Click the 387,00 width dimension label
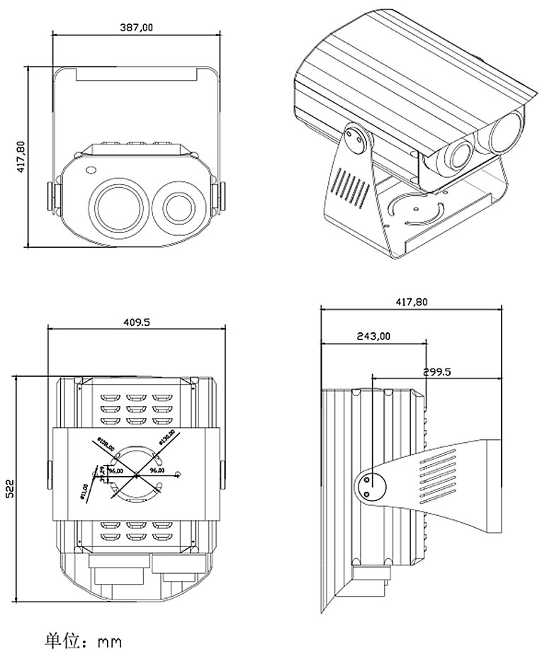tap(137, 27)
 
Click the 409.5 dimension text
tap(137, 322)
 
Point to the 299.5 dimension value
tap(437, 371)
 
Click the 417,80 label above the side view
tap(412, 301)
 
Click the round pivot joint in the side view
tap(369, 487)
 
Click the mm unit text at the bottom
tap(110, 643)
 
